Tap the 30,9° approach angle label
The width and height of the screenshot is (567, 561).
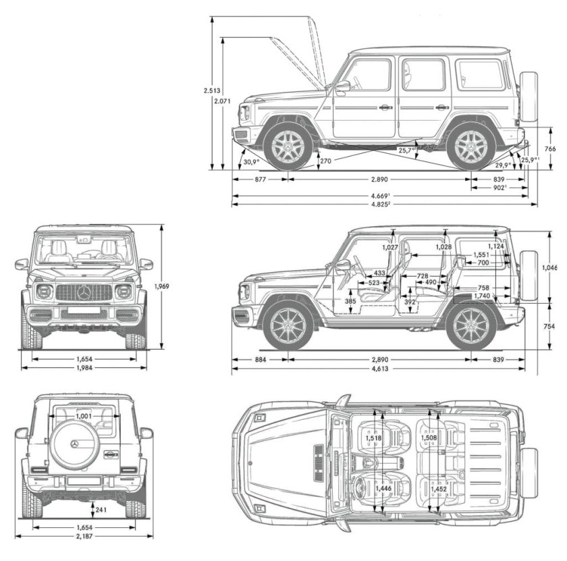point(251,163)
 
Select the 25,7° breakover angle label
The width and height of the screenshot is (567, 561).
point(406,151)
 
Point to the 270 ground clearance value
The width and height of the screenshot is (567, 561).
point(325,161)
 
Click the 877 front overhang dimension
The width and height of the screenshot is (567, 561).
point(261,180)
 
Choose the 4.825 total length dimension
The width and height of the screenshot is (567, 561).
point(381,204)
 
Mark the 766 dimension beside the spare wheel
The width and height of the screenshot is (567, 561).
point(550,149)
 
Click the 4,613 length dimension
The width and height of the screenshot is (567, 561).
point(379,369)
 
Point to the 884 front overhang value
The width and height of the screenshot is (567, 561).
point(261,360)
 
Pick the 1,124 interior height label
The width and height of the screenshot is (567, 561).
point(497,247)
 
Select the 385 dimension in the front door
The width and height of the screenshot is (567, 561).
point(350,301)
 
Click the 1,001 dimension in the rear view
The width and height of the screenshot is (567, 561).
point(84,417)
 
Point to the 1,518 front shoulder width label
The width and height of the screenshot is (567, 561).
point(373,439)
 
